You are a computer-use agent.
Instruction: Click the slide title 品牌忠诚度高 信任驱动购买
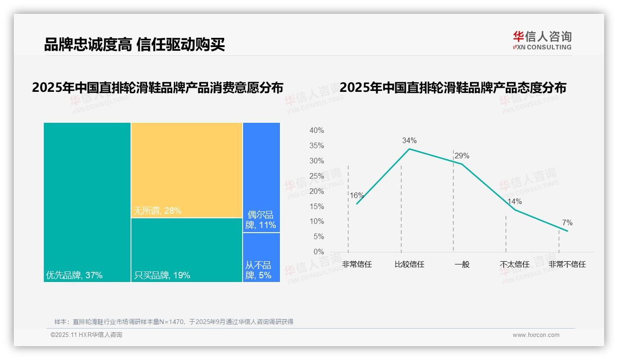[x=134, y=44]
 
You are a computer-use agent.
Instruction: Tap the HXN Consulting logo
[x=542, y=40]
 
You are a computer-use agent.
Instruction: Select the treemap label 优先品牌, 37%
[x=74, y=276]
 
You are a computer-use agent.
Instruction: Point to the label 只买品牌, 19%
[x=162, y=276]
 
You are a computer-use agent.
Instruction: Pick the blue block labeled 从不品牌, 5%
[x=261, y=257]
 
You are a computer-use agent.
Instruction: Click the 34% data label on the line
[x=409, y=140]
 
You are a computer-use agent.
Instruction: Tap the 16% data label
[x=357, y=195]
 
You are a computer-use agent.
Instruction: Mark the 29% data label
[x=462, y=156]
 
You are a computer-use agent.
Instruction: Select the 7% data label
[x=567, y=223]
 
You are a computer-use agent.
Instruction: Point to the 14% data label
[x=514, y=201]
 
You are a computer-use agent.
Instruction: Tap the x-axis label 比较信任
[x=409, y=264]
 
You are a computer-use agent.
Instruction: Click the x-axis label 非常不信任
[x=567, y=264]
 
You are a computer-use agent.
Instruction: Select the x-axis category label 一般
[x=462, y=264]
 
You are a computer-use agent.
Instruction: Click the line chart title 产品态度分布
[x=453, y=88]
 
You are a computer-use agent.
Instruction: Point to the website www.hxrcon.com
[x=536, y=335]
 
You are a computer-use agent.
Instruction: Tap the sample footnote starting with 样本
[x=174, y=322]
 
